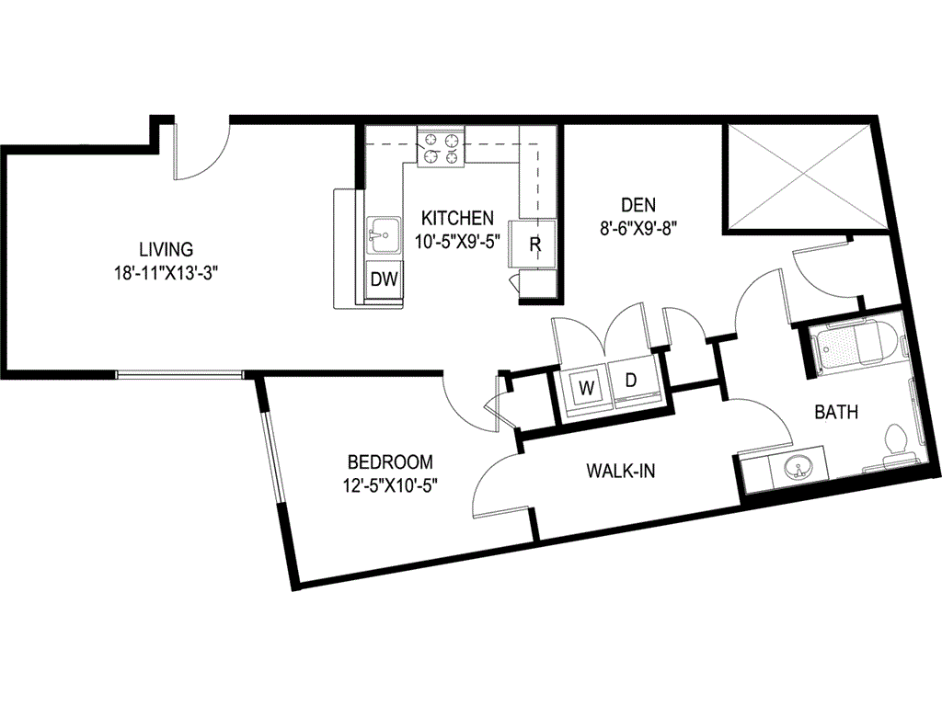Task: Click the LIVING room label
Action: point(167,248)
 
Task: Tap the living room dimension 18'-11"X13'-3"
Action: point(166,274)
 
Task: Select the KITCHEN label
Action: point(457,217)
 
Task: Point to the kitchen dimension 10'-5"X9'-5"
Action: point(457,242)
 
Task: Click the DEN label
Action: point(638,205)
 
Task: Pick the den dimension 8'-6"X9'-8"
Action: point(638,229)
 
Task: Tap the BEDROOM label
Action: point(390,461)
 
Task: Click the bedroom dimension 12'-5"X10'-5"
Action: point(390,485)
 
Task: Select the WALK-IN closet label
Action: point(621,471)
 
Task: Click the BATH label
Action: point(836,413)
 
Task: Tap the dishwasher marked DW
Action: point(385,279)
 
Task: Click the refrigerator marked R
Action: point(533,243)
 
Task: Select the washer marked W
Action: point(586,387)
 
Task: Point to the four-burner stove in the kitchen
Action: point(441,148)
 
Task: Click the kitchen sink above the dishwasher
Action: point(384,237)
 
